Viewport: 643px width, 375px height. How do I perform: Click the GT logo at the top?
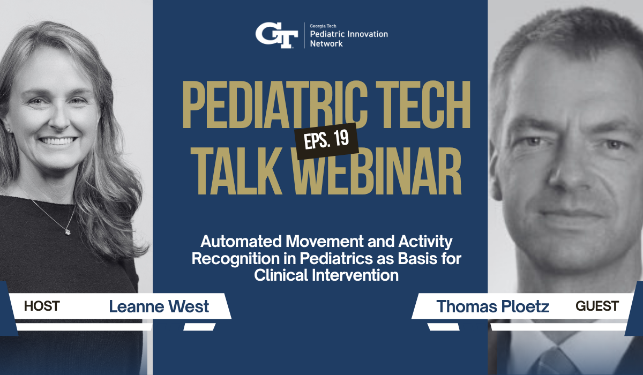click(x=276, y=36)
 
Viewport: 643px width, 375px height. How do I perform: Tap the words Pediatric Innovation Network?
click(x=349, y=39)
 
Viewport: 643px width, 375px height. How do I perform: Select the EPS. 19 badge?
click(x=326, y=141)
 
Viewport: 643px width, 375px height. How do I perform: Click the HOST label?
click(x=42, y=306)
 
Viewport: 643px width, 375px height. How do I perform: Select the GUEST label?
click(x=597, y=306)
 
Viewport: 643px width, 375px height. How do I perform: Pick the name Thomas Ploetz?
click(x=493, y=307)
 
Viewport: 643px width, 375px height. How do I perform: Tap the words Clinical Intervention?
click(x=326, y=275)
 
